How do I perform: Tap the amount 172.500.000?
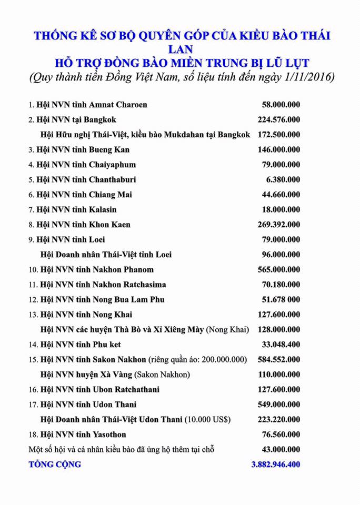[x=279, y=135]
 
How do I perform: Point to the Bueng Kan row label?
[x=79, y=150]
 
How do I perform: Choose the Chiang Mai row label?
[x=80, y=195]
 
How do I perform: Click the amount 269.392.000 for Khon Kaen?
[x=279, y=225]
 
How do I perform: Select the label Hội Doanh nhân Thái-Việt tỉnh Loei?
[x=106, y=255]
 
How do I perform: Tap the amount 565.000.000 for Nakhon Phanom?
[x=279, y=270]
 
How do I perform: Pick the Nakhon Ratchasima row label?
[x=97, y=285]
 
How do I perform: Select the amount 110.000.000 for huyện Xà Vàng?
[x=279, y=375]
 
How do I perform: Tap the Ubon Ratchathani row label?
[x=94, y=390]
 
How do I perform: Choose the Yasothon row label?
[x=78, y=435]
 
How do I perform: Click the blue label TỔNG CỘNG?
[x=55, y=464]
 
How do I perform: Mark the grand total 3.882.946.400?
[x=276, y=464]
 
